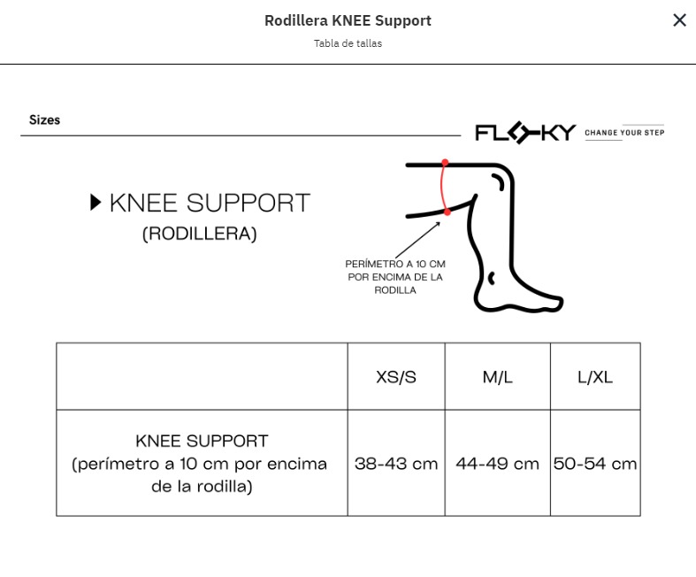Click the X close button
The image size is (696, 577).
click(679, 20)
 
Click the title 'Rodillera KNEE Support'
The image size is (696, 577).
click(348, 20)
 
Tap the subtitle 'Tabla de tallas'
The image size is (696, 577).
click(348, 43)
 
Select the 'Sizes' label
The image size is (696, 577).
click(44, 120)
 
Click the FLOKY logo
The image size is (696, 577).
click(525, 133)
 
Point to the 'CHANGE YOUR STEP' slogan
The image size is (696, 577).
click(624, 133)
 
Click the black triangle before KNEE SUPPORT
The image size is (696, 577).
click(95, 202)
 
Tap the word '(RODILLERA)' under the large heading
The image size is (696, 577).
click(199, 235)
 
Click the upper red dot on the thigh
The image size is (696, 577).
click(445, 163)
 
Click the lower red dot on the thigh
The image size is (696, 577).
click(447, 212)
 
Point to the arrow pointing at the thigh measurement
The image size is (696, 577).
click(417, 240)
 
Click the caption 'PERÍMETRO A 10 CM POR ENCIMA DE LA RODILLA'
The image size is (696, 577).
click(395, 277)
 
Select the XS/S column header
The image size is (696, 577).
click(396, 377)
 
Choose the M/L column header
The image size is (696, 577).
click(498, 377)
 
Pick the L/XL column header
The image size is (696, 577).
click(595, 377)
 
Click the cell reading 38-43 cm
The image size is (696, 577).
click(396, 464)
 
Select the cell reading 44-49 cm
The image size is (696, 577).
click(498, 464)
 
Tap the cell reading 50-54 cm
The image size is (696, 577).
click(595, 464)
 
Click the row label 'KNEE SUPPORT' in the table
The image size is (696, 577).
click(202, 441)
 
